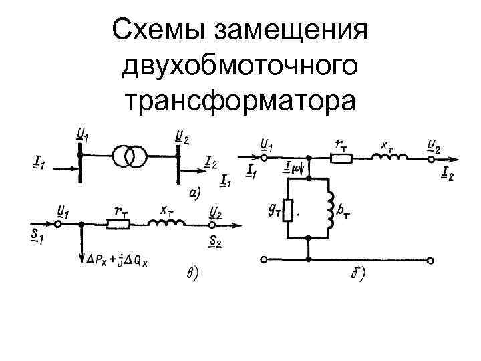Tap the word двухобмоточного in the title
(x=240, y=66)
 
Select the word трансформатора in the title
(x=240, y=100)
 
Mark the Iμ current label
(x=293, y=168)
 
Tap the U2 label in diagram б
(x=435, y=144)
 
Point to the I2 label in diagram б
(x=448, y=174)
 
